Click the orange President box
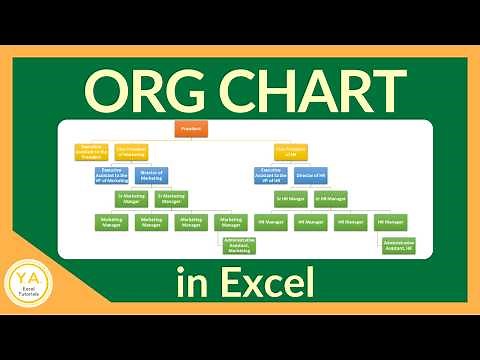190,130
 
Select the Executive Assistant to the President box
92,153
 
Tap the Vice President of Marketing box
131,153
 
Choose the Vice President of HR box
291,153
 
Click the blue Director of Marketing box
153,175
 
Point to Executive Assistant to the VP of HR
271,175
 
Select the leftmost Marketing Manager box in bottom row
111,221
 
